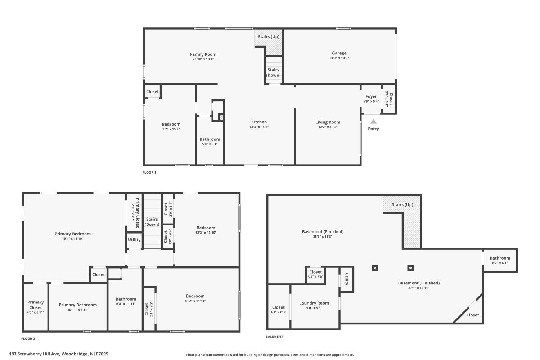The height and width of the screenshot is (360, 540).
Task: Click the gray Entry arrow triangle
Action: click(373, 121)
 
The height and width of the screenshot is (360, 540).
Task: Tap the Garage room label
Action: click(339, 53)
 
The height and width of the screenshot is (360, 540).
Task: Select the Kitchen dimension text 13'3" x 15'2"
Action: click(259, 127)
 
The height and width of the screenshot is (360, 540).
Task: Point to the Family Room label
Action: click(203, 54)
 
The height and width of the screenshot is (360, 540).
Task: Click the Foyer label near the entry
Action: click(371, 96)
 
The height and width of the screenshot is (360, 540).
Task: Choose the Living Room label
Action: click(328, 122)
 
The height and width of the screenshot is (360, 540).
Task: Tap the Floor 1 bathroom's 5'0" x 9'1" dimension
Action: click(210, 144)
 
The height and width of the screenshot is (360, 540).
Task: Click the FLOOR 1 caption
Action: click(149, 172)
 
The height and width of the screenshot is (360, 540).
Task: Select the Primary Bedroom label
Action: click(73, 234)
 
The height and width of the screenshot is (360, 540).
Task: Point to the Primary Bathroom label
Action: click(78, 305)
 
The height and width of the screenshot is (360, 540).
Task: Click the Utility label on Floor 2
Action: click(134, 240)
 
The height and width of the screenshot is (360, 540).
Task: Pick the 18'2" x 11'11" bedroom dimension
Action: click(195, 301)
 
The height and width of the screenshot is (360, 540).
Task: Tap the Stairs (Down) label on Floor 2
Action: click(152, 222)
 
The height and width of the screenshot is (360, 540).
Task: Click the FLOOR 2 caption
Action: click(28, 339)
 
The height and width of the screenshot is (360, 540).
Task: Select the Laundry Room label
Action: click(314, 303)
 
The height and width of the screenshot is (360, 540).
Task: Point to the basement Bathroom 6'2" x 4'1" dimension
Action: click(500, 263)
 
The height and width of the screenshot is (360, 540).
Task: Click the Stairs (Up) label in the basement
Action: click(402, 204)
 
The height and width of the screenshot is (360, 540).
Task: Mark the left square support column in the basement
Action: click(375, 268)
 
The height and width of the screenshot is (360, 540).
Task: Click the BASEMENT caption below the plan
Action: click(274, 337)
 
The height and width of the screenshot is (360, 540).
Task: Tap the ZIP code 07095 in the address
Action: click(102, 354)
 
